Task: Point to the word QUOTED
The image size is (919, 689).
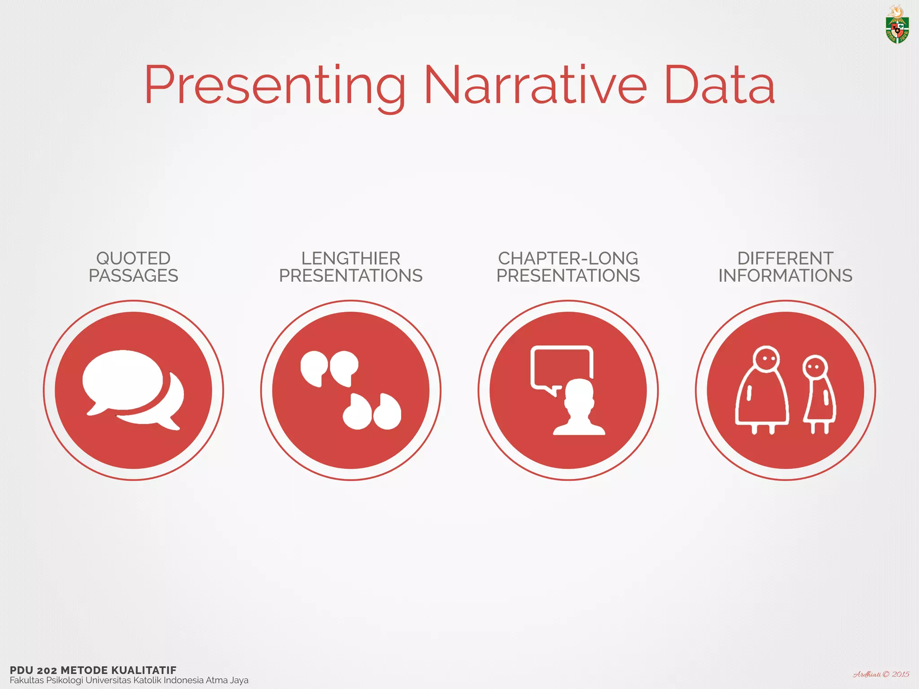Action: (133, 258)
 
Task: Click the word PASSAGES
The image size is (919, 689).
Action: (133, 275)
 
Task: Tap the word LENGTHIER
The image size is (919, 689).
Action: (350, 258)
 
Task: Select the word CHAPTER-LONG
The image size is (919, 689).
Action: (568, 258)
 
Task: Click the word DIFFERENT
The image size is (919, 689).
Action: (785, 258)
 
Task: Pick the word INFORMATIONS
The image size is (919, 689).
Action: (785, 275)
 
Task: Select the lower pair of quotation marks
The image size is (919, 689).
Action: (372, 412)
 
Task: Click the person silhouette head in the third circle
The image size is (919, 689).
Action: (579, 395)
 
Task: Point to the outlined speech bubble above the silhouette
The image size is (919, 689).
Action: (562, 366)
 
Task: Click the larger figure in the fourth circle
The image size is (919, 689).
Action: (761, 390)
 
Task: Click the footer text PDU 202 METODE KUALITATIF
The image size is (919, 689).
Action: (93, 670)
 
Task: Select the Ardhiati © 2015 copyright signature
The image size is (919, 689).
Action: (881, 674)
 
